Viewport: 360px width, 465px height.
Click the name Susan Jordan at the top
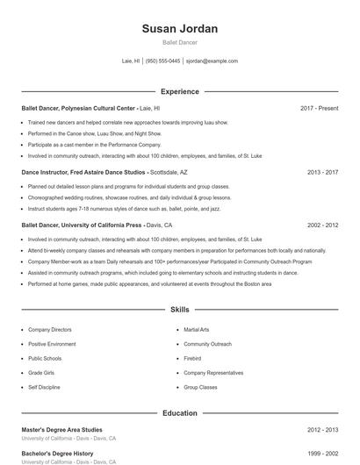pos(179,29)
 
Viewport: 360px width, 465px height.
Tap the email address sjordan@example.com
pos(212,61)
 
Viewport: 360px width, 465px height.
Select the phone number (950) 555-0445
pos(162,61)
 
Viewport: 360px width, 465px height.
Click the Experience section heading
pos(179,91)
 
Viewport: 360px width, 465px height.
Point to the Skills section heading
pos(179,310)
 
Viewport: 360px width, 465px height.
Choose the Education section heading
pos(179,412)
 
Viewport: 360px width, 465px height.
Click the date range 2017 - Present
pos(319,108)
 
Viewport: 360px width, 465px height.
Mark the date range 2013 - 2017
pos(322,173)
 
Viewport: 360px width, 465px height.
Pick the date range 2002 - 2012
pos(322,225)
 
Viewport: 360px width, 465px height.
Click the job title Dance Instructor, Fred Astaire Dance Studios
pos(83,173)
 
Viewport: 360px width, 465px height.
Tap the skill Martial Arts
pos(197,329)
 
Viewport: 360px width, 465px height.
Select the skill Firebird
pos(192,358)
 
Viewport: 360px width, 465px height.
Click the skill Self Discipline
pos(44,386)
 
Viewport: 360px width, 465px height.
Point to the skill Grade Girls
pos(41,372)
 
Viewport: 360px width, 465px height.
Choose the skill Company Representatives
pos(212,372)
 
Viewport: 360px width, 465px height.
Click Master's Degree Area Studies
pos(68,430)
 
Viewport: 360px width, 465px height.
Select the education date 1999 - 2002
pos(322,453)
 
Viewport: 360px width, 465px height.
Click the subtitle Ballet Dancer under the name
pos(179,43)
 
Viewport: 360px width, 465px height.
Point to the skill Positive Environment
pos(52,344)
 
